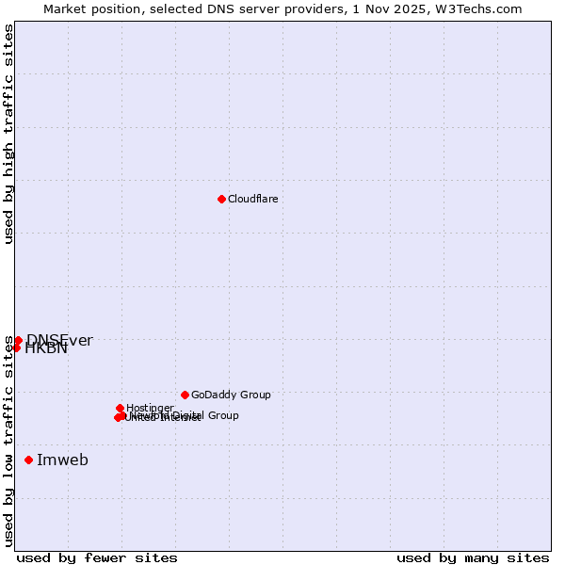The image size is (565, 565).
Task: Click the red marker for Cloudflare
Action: click(x=221, y=199)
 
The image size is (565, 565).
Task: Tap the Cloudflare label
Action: click(x=252, y=199)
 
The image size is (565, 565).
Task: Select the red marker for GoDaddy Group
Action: click(x=185, y=395)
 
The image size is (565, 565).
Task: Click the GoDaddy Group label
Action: click(x=231, y=395)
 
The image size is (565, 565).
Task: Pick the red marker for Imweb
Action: click(x=28, y=460)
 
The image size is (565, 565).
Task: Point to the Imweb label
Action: click(x=62, y=460)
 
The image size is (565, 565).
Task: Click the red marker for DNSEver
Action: click(x=18, y=340)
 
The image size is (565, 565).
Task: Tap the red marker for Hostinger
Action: click(x=120, y=408)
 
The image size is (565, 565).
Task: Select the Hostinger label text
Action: click(x=150, y=408)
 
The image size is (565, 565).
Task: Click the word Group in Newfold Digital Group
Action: click(x=222, y=415)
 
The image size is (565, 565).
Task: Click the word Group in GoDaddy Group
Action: click(x=254, y=395)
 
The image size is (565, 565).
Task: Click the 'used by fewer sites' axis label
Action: click(x=97, y=557)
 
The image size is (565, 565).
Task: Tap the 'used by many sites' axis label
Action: click(x=473, y=557)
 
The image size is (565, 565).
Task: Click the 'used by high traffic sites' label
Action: click(x=8, y=134)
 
